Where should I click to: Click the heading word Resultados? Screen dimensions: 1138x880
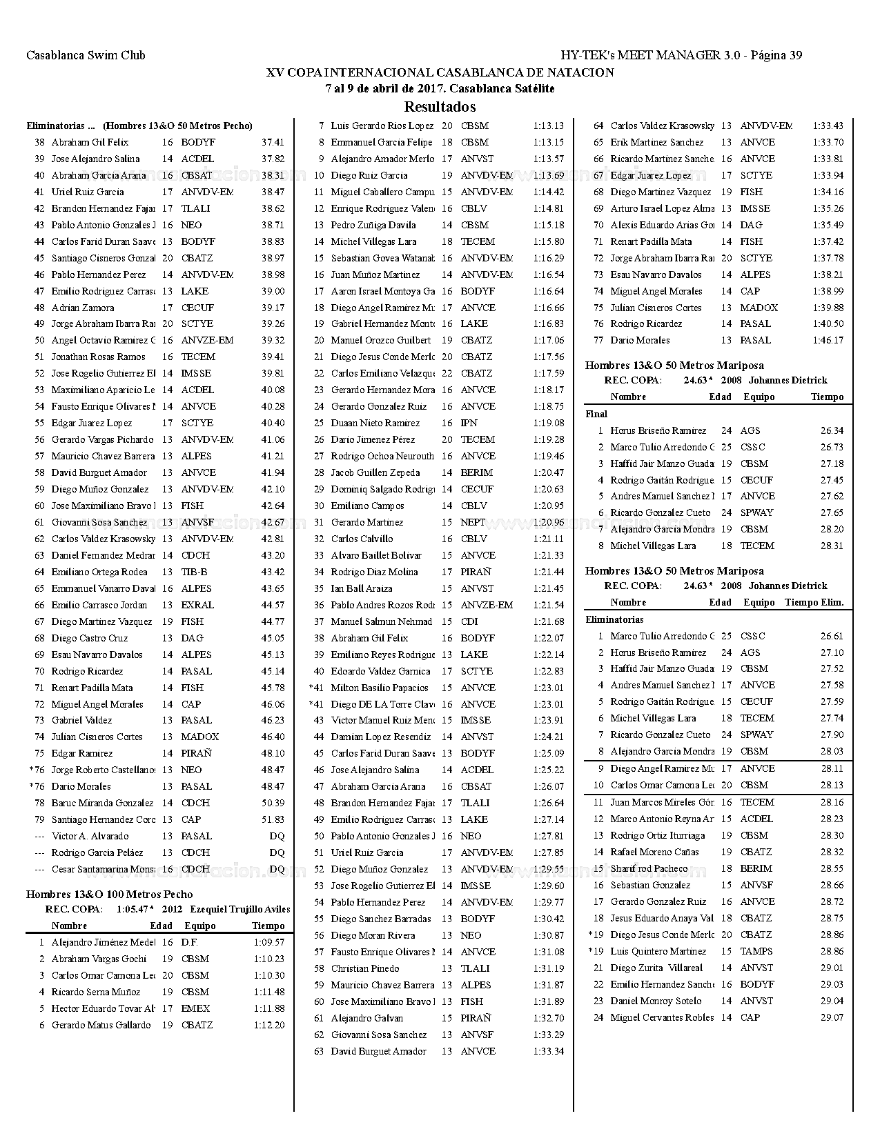click(440, 107)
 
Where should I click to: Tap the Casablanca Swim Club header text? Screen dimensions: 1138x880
click(86, 56)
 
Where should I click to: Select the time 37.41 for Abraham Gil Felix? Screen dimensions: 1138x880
click(273, 143)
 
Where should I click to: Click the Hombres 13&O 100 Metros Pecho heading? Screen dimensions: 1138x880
click(109, 895)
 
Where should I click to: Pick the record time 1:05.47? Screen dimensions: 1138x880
click(133, 909)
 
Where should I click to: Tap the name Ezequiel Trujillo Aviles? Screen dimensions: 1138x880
click(239, 909)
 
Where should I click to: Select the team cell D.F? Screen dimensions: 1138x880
click(189, 942)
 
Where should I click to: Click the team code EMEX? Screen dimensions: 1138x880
click(195, 1008)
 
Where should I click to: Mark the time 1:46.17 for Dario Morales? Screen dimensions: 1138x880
click(828, 340)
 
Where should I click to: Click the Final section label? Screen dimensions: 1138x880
click(596, 414)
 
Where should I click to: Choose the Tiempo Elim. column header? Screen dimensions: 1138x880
click(814, 602)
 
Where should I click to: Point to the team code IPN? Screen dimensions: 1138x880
click(469, 423)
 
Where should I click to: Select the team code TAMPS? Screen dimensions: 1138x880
click(756, 951)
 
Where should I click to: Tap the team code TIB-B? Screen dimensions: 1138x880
click(194, 572)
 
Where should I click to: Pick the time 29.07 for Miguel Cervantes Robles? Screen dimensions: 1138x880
click(832, 1017)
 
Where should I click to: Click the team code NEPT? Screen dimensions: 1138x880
click(473, 522)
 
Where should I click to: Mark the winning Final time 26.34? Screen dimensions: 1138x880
click(832, 430)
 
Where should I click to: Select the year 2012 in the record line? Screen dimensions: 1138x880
click(172, 909)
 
